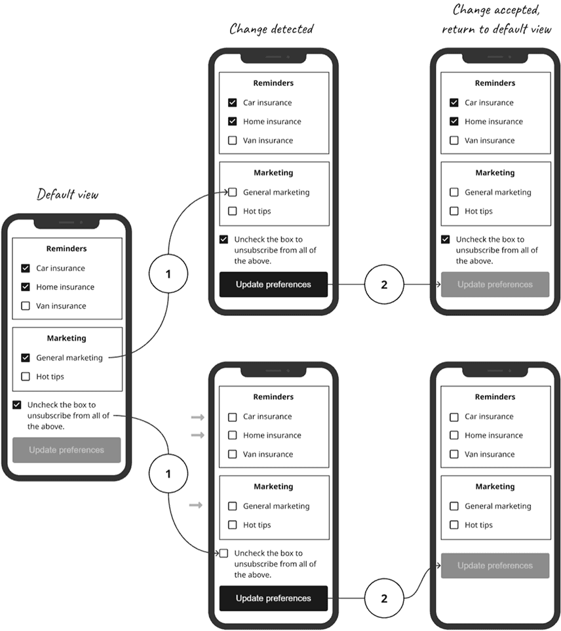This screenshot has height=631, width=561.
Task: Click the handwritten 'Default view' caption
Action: [67, 195]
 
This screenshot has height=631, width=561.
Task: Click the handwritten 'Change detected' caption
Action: [271, 29]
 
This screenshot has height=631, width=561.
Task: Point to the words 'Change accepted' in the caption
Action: [495, 10]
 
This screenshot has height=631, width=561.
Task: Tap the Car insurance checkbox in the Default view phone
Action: [26, 268]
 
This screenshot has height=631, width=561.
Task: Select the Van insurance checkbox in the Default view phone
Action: [26, 306]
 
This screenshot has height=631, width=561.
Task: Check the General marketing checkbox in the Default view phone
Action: [26, 358]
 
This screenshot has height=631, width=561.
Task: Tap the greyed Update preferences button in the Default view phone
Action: [67, 450]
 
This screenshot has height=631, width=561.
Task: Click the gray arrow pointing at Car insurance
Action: [197, 417]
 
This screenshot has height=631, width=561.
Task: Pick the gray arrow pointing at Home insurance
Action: [197, 435]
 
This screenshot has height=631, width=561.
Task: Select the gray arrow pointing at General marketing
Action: [196, 505]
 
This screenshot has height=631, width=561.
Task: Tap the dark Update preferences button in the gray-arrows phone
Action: [273, 598]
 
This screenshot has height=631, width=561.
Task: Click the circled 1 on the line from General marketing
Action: [168, 274]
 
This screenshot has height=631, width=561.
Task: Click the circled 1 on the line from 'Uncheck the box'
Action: [168, 473]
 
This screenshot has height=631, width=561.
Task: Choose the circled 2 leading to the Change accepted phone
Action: [384, 284]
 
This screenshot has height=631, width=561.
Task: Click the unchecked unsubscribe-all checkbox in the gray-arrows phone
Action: [224, 553]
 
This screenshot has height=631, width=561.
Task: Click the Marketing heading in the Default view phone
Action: [66, 338]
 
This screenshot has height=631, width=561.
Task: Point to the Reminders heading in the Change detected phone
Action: [273, 83]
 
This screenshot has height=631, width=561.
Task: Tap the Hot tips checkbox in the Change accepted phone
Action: [454, 211]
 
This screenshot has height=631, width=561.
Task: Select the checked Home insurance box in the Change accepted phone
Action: [454, 121]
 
